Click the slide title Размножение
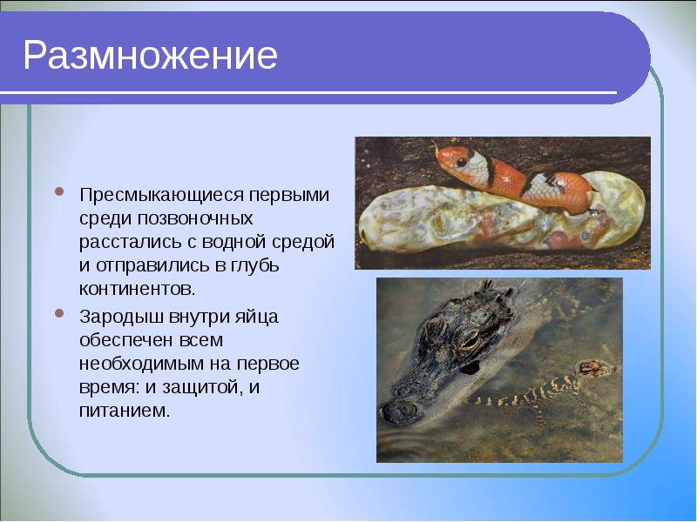[x=150, y=56]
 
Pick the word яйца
[x=258, y=317]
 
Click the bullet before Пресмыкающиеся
[x=60, y=191]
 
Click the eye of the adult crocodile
[x=467, y=342]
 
